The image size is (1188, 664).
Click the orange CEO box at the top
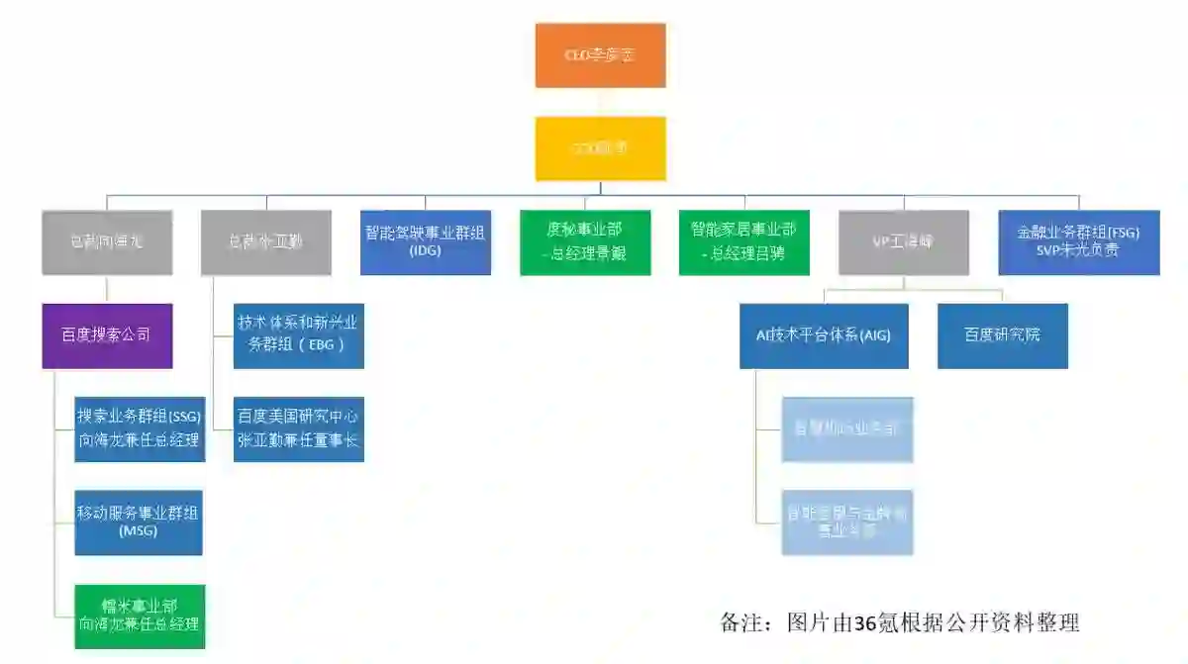point(600,55)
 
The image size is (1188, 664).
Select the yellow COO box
point(600,148)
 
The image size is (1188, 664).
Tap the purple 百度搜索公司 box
point(107,335)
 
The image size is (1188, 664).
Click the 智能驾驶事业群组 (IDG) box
point(426,242)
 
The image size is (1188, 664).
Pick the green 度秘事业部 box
point(585,242)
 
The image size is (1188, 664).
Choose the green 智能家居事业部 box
point(744,242)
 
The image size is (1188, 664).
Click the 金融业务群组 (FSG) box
point(1079,242)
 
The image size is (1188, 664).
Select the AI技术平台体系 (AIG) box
point(824,335)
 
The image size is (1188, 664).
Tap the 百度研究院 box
point(1003,335)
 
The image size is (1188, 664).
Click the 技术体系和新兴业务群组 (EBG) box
point(298,335)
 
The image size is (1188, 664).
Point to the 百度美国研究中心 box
point(298,428)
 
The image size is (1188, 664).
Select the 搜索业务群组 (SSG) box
point(140,428)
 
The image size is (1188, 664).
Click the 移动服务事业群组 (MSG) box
point(140,522)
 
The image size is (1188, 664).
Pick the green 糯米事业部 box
point(140,616)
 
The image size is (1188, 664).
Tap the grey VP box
point(903,242)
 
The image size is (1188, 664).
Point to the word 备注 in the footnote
point(740,622)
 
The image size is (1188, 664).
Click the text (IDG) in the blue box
point(424,251)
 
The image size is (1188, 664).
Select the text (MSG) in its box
point(140,531)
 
